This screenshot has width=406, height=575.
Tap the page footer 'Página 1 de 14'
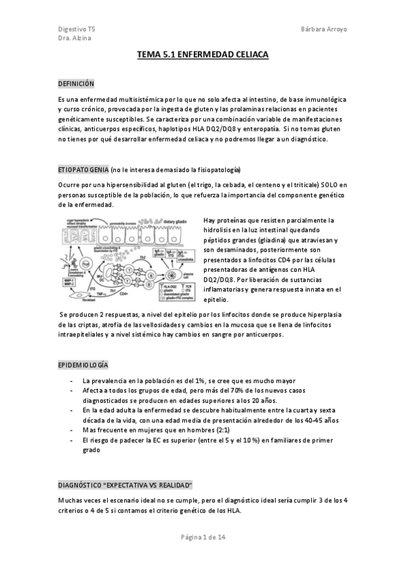203,537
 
